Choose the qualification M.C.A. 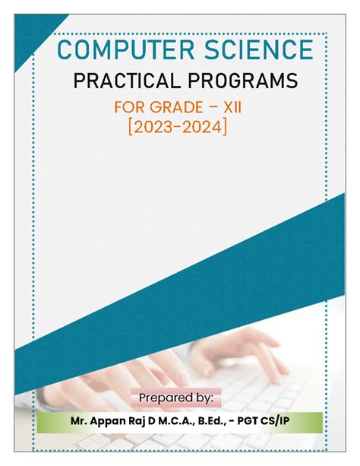point(178,420)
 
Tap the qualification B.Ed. point(221,420)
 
